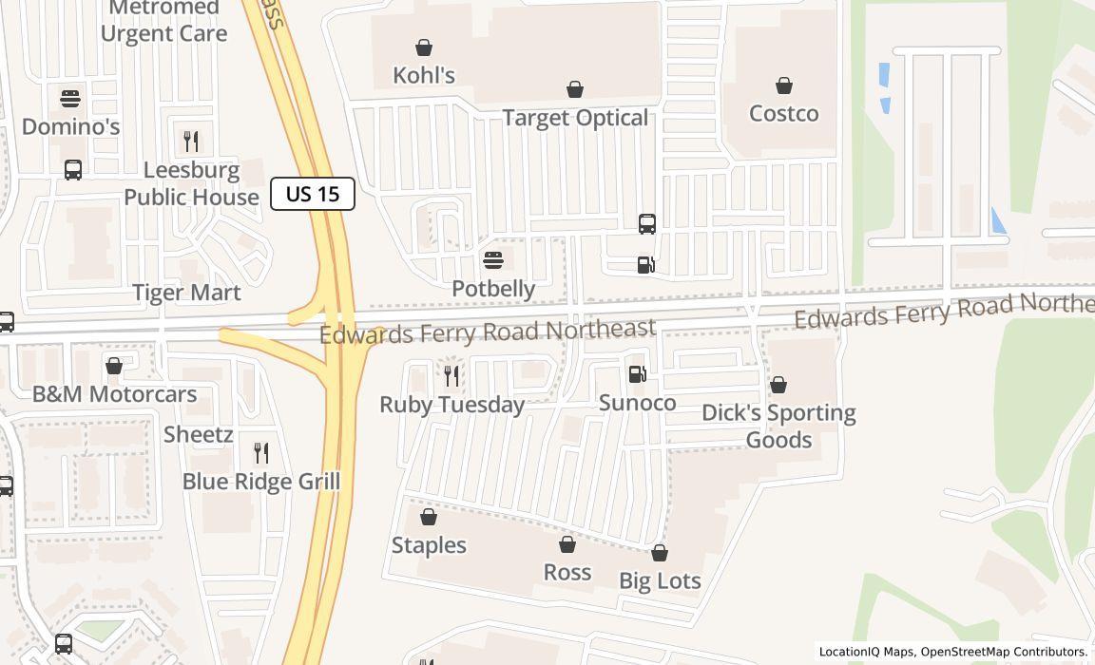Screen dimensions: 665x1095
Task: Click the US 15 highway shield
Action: [313, 194]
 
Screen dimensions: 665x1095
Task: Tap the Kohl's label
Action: [424, 75]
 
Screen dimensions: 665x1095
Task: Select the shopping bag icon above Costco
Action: [784, 86]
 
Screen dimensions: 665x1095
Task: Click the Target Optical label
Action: [575, 118]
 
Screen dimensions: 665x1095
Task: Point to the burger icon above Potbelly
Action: [492, 259]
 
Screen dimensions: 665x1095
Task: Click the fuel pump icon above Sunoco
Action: [638, 374]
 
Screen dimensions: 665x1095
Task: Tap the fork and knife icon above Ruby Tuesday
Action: [451, 376]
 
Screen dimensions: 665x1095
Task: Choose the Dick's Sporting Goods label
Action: [778, 426]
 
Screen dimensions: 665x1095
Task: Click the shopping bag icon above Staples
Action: [429, 517]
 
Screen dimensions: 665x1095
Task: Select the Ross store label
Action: [567, 572]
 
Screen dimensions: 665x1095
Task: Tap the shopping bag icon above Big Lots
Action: [660, 553]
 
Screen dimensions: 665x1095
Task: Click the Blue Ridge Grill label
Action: [261, 482]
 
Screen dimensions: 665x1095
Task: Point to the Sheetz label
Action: [199, 435]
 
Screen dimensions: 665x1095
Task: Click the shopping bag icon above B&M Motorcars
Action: [114, 366]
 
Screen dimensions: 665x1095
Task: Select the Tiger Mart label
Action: [186, 293]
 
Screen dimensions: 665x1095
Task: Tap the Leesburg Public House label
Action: [191, 183]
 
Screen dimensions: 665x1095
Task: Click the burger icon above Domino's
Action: [70, 98]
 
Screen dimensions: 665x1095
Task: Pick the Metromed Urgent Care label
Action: [163, 21]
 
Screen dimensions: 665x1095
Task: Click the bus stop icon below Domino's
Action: [73, 170]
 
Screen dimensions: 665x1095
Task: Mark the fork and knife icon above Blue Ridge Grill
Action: [261, 453]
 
